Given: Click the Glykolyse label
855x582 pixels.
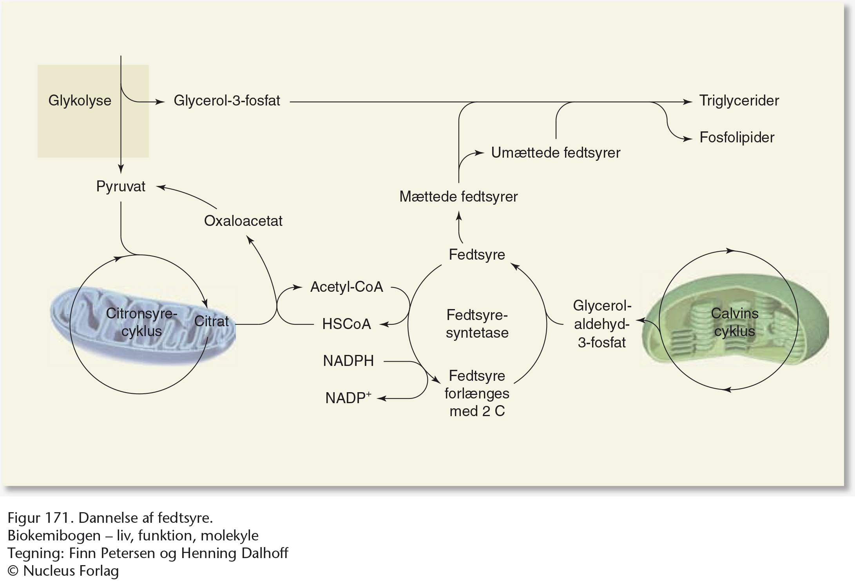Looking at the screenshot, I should click(x=80, y=101).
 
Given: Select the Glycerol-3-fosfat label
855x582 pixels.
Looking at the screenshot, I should click(x=226, y=101).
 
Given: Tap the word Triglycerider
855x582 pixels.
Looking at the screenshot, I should click(x=739, y=101).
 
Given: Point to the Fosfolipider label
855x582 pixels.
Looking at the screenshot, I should click(x=737, y=138).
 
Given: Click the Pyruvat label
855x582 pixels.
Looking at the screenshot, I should click(x=121, y=186).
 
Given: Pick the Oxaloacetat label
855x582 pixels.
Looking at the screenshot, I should click(x=243, y=221).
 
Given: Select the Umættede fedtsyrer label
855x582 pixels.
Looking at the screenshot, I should click(x=556, y=153).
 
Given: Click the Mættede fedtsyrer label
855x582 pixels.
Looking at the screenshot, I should click(x=458, y=196).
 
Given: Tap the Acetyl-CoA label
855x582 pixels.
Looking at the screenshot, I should click(x=346, y=287).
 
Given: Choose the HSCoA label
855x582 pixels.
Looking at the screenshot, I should click(x=346, y=324).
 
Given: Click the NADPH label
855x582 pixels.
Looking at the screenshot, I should click(x=348, y=361).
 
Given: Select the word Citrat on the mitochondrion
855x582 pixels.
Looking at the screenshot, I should click(x=211, y=321).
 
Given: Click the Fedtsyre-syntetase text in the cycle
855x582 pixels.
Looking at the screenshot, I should click(x=477, y=324).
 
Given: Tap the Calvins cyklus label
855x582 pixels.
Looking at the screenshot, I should click(x=734, y=322).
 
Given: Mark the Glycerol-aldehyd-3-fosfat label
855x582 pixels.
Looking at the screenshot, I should click(x=602, y=324).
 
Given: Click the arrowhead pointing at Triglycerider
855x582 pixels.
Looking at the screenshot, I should click(x=688, y=102).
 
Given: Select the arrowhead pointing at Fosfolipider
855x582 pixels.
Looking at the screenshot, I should click(x=688, y=139).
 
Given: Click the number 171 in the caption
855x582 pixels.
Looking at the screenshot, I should click(x=59, y=518).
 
